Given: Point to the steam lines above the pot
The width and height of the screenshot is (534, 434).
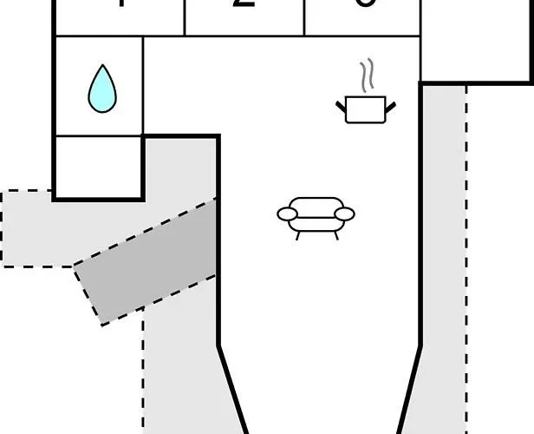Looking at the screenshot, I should pos(368,76).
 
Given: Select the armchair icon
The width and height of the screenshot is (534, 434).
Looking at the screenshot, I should pos(316,216).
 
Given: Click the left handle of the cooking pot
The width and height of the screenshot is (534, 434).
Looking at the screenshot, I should pos(342,106).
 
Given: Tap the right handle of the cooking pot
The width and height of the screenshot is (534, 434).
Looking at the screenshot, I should pos(390,106).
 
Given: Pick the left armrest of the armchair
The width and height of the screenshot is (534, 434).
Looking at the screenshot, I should pos(287,213).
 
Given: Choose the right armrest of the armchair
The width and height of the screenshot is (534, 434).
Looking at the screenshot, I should pos(345,213).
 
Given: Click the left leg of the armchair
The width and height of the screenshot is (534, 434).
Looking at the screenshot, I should pos(298,234).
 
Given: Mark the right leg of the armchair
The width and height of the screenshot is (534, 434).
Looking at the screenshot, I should pos(335,234).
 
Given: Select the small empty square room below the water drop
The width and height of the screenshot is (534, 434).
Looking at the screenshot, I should pos(99,166).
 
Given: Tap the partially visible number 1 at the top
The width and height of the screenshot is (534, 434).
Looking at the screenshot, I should pos(121,3).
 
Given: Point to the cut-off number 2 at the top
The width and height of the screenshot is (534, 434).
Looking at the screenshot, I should pos(245,3).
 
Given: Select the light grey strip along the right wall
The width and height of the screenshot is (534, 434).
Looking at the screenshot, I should pos(442,260).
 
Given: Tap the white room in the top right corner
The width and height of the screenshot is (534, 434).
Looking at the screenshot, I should pos(477,39).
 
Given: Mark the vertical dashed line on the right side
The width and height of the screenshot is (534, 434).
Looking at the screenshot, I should pos(466,260).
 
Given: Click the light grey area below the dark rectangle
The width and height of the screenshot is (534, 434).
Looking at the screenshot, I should pos(178,373).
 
